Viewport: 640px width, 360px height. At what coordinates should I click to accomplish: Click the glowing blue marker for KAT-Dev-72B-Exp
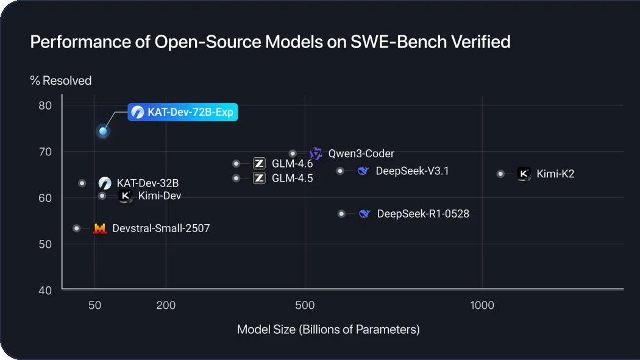[103, 131]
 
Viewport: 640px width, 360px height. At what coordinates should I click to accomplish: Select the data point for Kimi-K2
[500, 174]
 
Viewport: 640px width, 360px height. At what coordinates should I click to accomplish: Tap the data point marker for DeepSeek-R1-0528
[341, 214]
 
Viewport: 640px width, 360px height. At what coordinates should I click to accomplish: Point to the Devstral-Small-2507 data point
[76, 228]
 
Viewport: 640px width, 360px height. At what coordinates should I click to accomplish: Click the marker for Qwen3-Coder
[293, 154]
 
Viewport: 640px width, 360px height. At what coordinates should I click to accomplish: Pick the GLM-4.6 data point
[236, 163]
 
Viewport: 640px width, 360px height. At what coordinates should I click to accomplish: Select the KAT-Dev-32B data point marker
[82, 183]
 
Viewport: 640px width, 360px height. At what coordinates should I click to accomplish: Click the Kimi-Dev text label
[160, 196]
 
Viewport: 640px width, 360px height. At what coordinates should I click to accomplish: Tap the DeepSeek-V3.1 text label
[412, 171]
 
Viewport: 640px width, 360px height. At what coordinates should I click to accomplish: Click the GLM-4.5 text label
[292, 178]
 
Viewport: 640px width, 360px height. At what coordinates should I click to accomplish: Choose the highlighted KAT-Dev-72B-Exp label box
[182, 112]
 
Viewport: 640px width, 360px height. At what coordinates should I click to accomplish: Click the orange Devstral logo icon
[99, 228]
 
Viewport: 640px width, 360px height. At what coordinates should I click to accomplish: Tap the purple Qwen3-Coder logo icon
[315, 154]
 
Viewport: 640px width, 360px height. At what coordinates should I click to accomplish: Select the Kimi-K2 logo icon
[524, 174]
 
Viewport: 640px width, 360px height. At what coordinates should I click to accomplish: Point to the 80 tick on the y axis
[46, 105]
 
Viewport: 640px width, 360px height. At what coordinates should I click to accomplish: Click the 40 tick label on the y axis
[46, 290]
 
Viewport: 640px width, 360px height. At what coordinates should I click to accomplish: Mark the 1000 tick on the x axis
[482, 305]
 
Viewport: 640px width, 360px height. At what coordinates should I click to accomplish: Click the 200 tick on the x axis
[166, 305]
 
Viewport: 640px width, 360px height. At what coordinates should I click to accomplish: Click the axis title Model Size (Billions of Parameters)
[328, 330]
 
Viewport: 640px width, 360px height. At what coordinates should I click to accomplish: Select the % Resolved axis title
[61, 80]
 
